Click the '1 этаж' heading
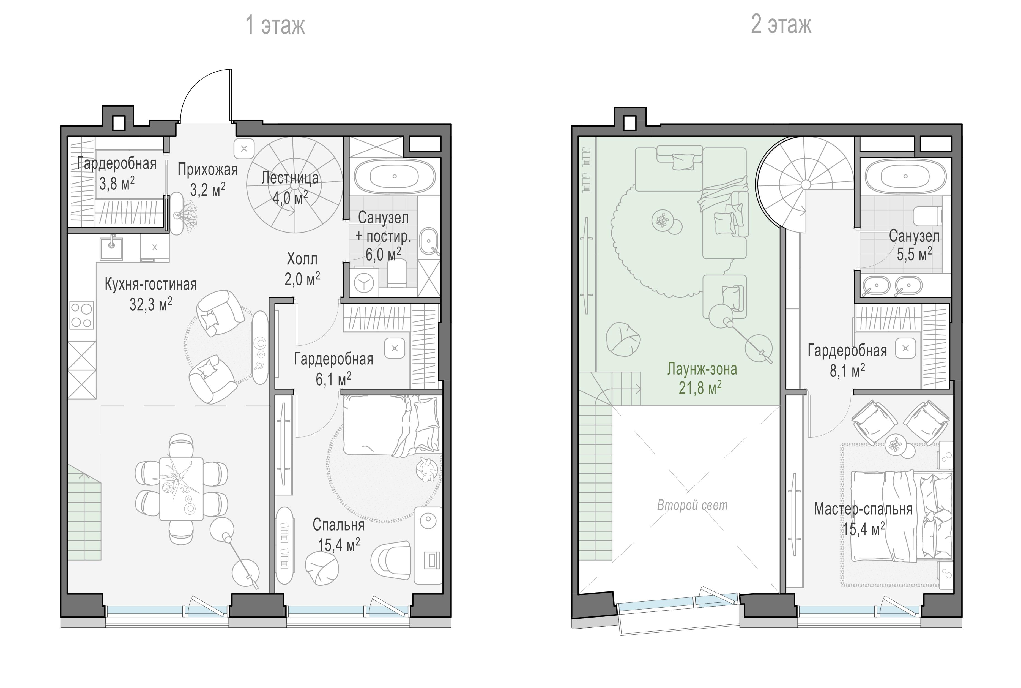(275, 25)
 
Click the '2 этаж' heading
(781, 24)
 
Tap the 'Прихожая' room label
(207, 169)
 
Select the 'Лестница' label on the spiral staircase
(290, 178)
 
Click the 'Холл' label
(302, 259)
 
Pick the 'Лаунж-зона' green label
(702, 369)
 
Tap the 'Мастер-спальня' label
(863, 509)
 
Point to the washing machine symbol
(363, 283)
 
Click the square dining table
(181, 489)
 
